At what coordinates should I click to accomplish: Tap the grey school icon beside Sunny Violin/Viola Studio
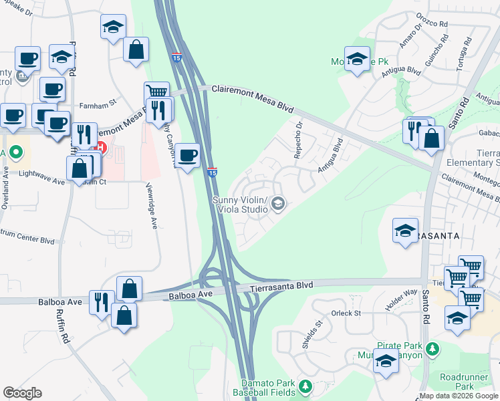278,205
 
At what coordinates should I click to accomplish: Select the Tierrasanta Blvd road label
281,286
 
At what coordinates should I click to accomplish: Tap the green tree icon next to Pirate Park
433,348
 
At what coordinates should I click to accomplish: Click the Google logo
22,393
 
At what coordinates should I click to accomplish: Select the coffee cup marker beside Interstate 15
187,156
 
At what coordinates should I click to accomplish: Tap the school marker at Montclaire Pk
357,58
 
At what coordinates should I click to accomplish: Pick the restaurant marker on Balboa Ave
101,302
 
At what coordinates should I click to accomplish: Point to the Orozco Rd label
434,23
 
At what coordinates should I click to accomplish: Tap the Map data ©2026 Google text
459,396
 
